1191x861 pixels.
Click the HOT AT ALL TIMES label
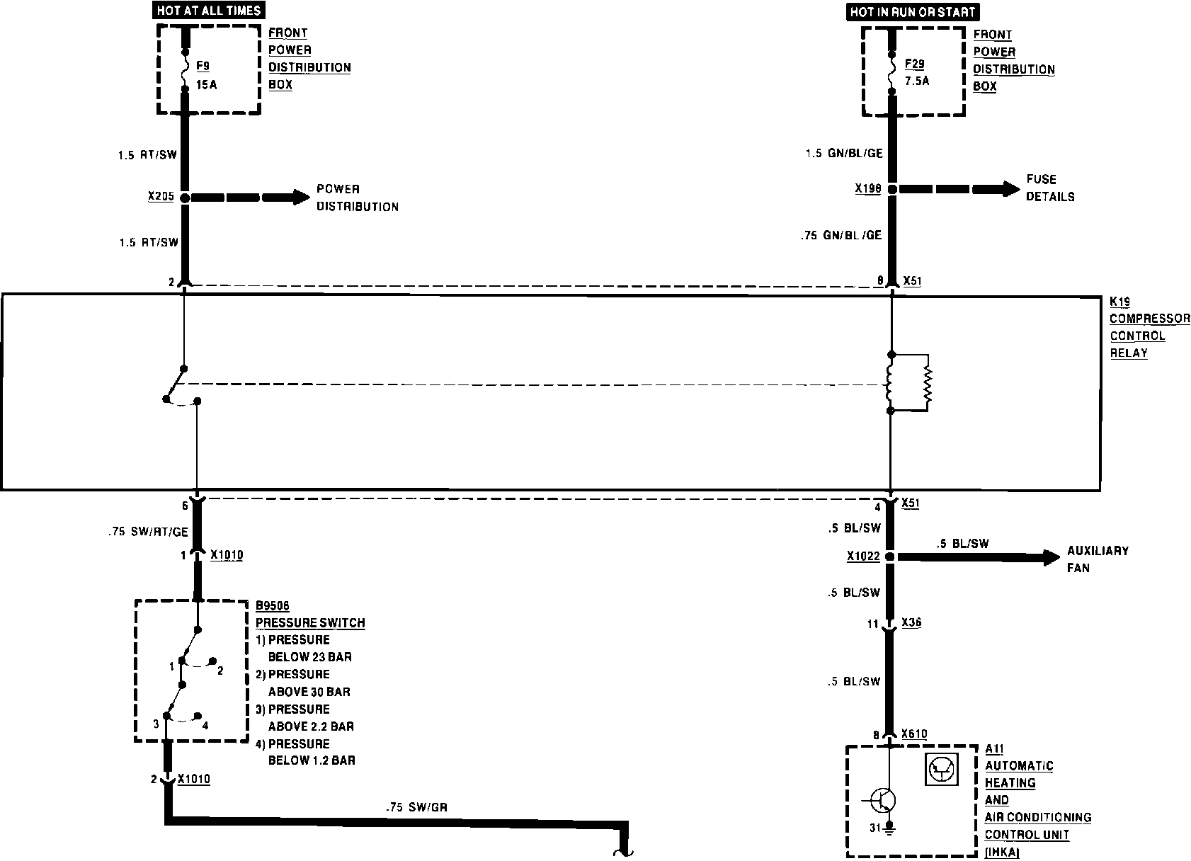point(209,11)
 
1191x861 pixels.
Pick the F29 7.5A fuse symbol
point(891,69)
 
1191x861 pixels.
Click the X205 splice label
point(161,197)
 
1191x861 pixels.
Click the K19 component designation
point(1119,302)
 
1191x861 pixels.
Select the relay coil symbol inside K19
point(890,383)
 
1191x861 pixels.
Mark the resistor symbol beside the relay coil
point(928,383)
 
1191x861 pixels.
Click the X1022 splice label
point(862,557)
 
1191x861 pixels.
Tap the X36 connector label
point(911,623)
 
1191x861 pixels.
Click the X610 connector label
point(914,734)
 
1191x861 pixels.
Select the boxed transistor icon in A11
point(941,769)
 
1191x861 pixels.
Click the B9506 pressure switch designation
point(273,606)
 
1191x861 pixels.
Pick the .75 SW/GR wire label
point(416,806)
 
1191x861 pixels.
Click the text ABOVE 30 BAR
point(309,692)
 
